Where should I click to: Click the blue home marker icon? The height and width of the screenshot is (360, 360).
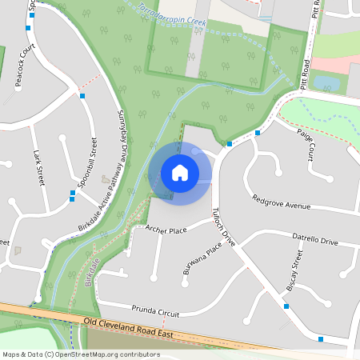180,173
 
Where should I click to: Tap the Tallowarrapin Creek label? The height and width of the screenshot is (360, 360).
172,18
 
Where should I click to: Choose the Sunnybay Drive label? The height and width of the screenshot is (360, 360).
124,140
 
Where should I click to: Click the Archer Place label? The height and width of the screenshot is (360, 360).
166,230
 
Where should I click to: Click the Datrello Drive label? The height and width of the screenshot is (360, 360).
314,240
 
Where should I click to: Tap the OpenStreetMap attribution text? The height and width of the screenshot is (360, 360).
81,354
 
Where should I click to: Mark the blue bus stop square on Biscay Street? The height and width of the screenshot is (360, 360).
286,306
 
